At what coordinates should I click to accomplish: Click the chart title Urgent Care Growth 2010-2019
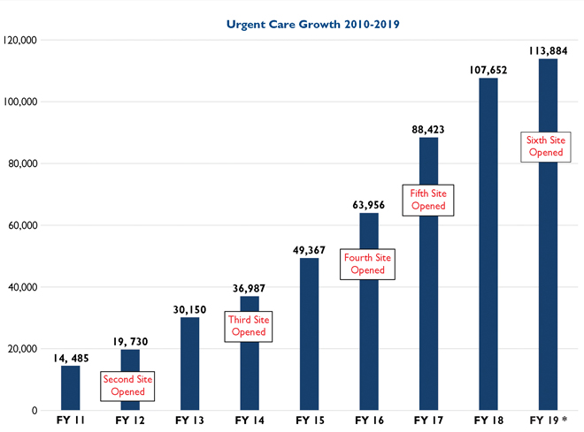click(x=313, y=24)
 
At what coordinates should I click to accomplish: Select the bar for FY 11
click(x=70, y=388)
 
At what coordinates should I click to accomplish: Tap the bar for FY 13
click(x=189, y=363)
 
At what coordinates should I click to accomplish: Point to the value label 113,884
click(x=548, y=49)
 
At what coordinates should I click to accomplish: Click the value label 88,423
click(x=428, y=129)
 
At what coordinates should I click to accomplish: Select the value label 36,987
click(x=250, y=288)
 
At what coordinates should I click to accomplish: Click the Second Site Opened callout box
click(x=128, y=385)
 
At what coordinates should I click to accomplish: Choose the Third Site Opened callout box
click(x=249, y=326)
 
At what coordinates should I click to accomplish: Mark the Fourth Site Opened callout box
click(x=368, y=264)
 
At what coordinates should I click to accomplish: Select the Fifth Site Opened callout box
click(x=428, y=199)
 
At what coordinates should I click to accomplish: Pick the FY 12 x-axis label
click(x=129, y=421)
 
